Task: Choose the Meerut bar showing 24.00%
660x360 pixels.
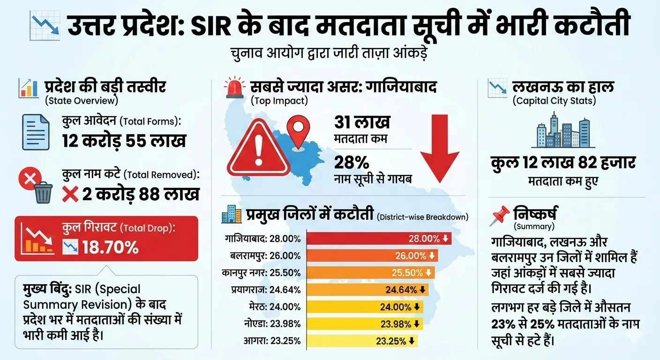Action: point(366,307)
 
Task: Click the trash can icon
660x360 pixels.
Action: point(43,193)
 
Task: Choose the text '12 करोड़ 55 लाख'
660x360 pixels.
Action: point(124,141)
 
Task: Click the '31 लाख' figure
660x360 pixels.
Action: point(362,123)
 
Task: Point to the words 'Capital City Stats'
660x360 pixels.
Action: point(554,100)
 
